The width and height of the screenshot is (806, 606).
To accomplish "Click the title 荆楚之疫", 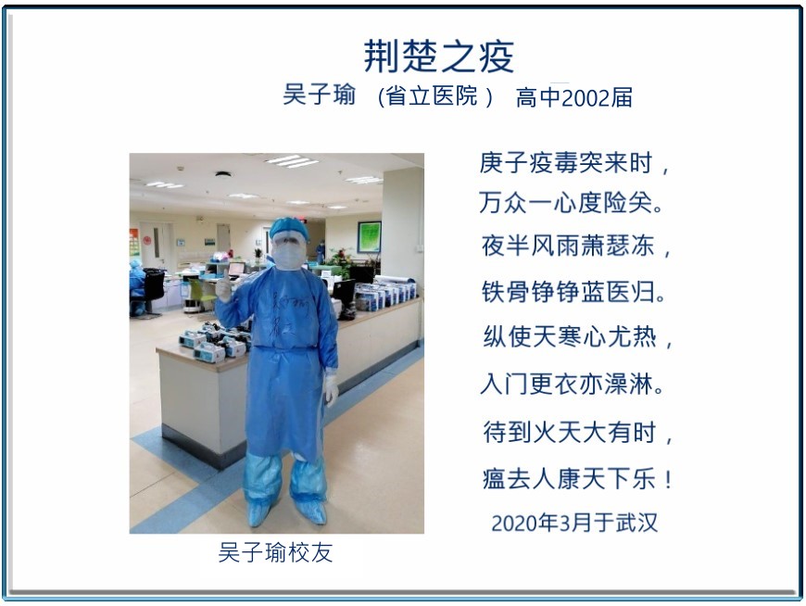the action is pyautogui.click(x=438, y=56).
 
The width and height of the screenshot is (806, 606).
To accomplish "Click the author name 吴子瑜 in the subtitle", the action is pyautogui.click(x=319, y=95).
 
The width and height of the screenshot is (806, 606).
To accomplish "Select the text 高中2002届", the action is pyautogui.click(x=573, y=97).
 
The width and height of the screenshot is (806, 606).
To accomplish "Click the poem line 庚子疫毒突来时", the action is pyautogui.click(x=566, y=163).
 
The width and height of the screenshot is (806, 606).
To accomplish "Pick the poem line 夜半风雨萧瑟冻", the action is pyautogui.click(x=568, y=246).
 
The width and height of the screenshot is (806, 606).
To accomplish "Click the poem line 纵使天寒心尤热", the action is pyautogui.click(x=570, y=337).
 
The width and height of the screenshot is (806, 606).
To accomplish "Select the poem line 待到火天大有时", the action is pyautogui.click(x=570, y=432).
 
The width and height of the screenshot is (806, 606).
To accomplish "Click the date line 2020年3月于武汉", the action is pyautogui.click(x=574, y=523).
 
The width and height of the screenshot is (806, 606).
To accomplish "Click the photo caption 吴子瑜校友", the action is pyautogui.click(x=275, y=552).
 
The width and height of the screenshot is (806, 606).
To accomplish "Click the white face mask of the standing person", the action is pyautogui.click(x=287, y=256).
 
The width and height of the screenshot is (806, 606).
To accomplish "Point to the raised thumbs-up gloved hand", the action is pyautogui.click(x=223, y=286).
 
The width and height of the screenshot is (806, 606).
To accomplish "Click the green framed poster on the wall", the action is pyautogui.click(x=369, y=236).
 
